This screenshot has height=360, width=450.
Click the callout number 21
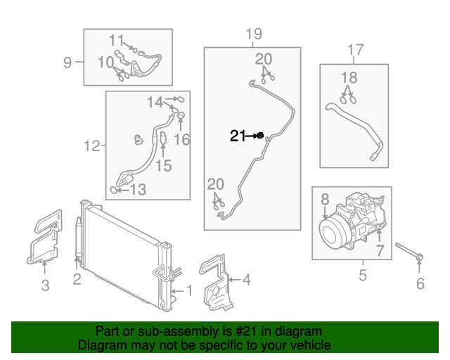[x=238, y=136]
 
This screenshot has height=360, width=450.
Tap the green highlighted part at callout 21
[x=260, y=135]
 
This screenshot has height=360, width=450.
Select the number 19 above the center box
[x=253, y=34]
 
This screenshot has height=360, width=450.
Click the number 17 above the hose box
[x=355, y=50]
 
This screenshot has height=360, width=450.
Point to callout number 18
[x=349, y=77]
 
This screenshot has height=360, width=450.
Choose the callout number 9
[x=67, y=63]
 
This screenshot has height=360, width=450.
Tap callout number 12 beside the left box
[x=91, y=146]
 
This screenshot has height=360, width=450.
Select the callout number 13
[x=137, y=189]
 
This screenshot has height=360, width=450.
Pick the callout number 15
[x=163, y=166]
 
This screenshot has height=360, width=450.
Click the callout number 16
[x=181, y=139]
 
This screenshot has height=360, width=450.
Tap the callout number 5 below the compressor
[x=363, y=275]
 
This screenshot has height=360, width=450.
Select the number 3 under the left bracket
[x=44, y=285]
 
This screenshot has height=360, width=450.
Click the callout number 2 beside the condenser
[x=77, y=279]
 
